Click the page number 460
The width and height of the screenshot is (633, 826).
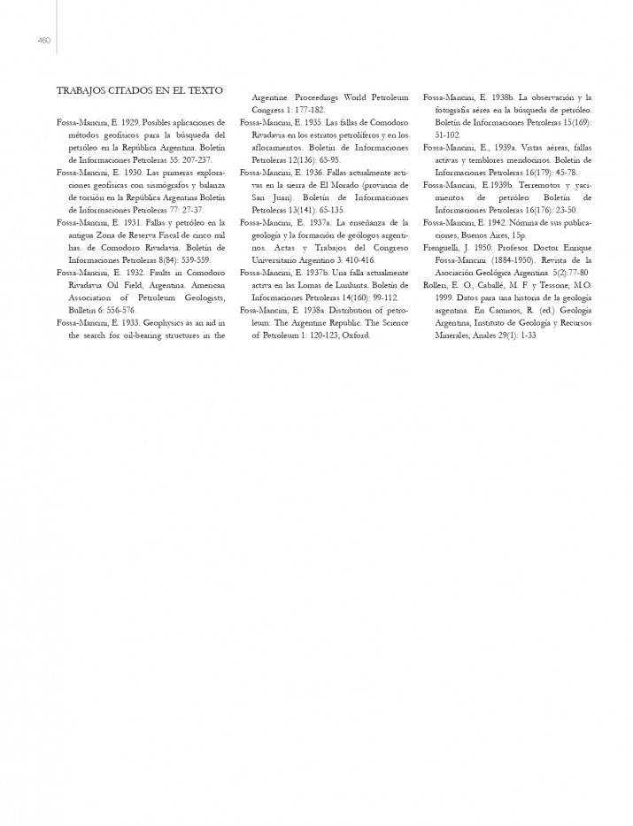pos(43,39)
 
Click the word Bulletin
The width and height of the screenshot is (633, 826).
pos(85,286)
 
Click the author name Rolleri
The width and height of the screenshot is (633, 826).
pos(437,286)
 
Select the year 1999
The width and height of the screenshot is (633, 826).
pos(446,298)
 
